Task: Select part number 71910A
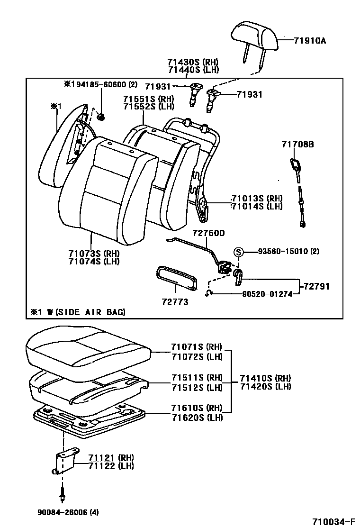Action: tap(310, 41)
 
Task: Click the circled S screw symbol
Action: tap(239, 252)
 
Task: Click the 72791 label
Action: tap(316, 286)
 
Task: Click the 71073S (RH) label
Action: tap(94, 253)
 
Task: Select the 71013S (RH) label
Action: tap(256, 198)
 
